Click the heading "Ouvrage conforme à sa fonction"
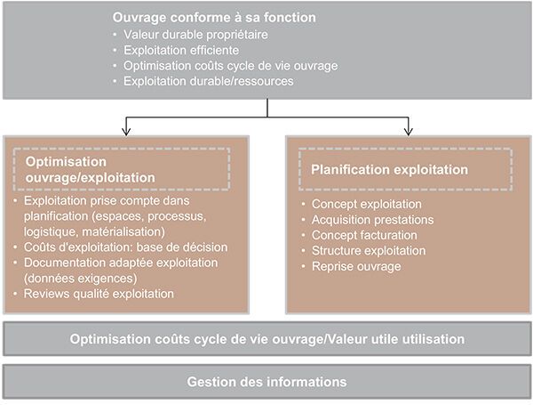[214, 18]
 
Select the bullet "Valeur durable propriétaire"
[195, 35]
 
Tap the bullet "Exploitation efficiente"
[181, 50]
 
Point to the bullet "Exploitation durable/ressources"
[209, 81]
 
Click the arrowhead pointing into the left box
[126, 132]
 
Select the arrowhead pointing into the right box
[409, 132]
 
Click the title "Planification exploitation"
[390, 170]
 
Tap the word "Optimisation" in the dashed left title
[66, 162]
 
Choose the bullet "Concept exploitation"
[367, 204]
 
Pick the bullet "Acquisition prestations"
[372, 220]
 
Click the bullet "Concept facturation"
[364, 235]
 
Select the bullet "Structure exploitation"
[369, 251]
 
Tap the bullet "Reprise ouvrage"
[356, 266]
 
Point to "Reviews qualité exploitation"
[99, 294]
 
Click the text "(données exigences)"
[81, 279]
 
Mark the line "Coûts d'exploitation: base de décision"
[126, 247]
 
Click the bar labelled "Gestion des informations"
[266, 382]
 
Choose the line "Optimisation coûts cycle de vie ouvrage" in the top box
[230, 66]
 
